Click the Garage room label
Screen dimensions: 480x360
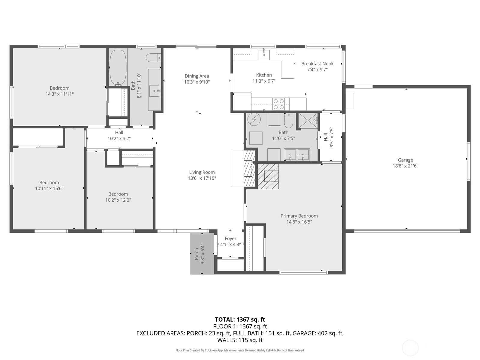(x=405, y=160)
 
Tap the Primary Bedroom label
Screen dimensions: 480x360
(x=299, y=216)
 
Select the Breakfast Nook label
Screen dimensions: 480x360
(x=317, y=64)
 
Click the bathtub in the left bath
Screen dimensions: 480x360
(x=118, y=67)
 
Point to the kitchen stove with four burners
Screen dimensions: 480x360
(x=279, y=104)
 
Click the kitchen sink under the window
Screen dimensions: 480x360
(x=264, y=55)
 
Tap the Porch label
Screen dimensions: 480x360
(x=196, y=254)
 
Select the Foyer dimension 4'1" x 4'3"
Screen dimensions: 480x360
(x=230, y=244)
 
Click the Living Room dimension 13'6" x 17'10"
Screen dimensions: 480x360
(x=202, y=178)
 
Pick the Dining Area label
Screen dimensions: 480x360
(x=197, y=76)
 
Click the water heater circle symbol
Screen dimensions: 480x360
(x=254, y=120)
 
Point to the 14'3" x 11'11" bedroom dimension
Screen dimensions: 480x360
(x=59, y=94)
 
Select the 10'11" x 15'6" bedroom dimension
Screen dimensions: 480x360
(x=49, y=188)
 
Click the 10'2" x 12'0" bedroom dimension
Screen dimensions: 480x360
(x=118, y=200)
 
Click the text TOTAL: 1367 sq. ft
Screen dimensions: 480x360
(x=240, y=319)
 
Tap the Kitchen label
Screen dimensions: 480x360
(x=264, y=75)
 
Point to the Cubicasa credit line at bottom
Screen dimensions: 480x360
(x=240, y=350)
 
